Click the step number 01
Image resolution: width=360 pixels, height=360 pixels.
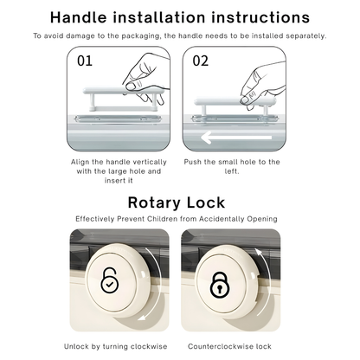(85, 61)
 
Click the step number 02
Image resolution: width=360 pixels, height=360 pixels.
(200, 61)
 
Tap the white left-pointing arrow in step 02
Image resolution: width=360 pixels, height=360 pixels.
(236, 138)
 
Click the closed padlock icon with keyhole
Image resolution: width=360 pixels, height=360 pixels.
(220, 285)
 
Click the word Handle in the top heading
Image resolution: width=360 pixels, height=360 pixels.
(79, 17)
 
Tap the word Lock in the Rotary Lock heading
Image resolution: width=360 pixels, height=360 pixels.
(206, 202)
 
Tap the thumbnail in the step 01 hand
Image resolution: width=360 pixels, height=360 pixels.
(132, 86)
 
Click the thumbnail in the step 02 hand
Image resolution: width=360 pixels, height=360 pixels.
(246, 100)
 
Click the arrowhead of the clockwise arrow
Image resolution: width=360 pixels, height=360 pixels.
(142, 318)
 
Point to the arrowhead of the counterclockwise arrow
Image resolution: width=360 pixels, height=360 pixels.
(259, 253)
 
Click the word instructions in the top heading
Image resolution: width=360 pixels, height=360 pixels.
(260, 17)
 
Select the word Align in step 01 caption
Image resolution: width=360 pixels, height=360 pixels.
(80, 162)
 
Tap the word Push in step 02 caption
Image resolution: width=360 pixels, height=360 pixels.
(193, 162)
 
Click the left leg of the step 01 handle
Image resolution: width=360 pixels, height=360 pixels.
(92, 102)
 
